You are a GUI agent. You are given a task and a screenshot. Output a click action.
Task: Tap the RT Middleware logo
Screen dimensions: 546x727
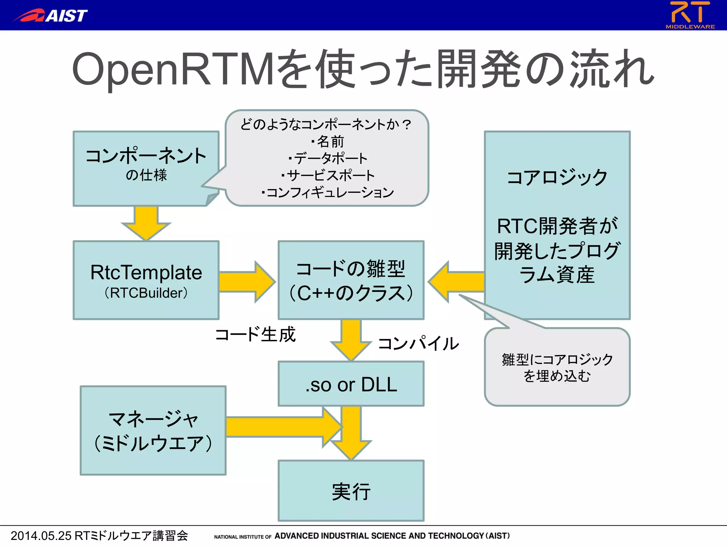click(x=690, y=15)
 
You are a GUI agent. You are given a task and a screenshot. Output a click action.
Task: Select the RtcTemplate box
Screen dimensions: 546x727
click(x=146, y=272)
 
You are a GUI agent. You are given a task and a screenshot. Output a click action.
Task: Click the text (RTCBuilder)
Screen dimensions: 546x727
click(x=146, y=293)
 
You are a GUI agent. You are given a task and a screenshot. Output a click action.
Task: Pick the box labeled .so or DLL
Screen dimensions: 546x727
click(x=351, y=384)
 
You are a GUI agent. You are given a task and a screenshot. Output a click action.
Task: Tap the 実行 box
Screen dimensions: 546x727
click(x=351, y=491)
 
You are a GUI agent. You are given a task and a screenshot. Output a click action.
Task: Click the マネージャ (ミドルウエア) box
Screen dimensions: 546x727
click(x=153, y=430)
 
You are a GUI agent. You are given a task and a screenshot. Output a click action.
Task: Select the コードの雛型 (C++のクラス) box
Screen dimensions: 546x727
click(x=351, y=280)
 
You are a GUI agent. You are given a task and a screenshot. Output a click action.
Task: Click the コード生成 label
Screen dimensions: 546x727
click(x=255, y=334)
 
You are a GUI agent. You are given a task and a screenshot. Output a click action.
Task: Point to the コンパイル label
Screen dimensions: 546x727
click(x=419, y=343)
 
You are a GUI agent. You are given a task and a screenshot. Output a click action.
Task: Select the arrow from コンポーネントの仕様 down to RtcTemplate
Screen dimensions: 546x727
click(x=146, y=222)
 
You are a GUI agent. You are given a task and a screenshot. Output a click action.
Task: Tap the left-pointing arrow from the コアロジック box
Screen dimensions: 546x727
click(x=456, y=282)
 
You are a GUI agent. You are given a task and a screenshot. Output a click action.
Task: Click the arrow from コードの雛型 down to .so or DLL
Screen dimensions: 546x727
click(x=351, y=339)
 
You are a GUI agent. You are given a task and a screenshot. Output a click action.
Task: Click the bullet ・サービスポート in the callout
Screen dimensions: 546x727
click(x=327, y=175)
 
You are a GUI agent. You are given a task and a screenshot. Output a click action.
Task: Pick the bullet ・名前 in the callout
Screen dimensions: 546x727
click(x=327, y=141)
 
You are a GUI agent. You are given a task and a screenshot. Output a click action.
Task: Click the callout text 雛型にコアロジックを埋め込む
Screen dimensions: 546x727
click(x=557, y=367)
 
